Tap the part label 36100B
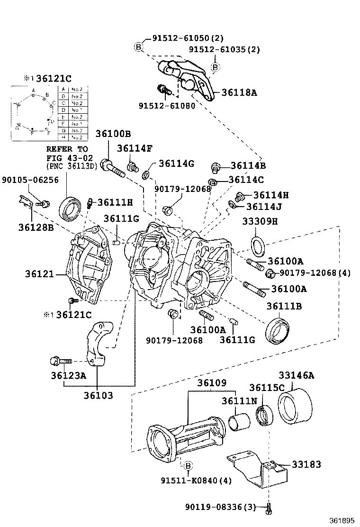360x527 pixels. (x=113, y=134)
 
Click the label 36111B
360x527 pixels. (x=284, y=307)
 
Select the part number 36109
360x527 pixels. (x=212, y=382)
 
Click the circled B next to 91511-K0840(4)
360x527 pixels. (x=187, y=466)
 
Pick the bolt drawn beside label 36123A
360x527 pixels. (x=59, y=362)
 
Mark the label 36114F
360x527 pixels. (x=135, y=148)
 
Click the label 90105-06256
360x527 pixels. (x=30, y=180)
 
